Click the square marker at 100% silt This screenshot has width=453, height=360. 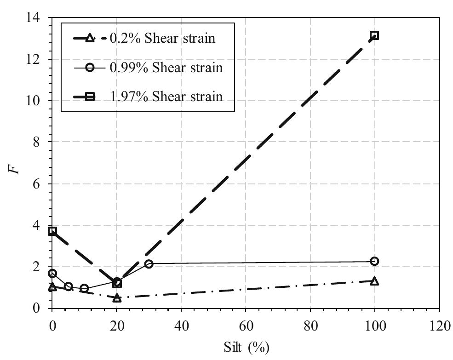[374, 35]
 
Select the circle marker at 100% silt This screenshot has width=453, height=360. [374, 261]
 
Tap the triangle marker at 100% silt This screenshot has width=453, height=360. [374, 281]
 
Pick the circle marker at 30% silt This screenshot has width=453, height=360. [149, 264]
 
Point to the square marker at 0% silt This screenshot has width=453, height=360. [52, 231]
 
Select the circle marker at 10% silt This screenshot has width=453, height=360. [84, 288]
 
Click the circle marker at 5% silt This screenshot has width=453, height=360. [69, 286]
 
